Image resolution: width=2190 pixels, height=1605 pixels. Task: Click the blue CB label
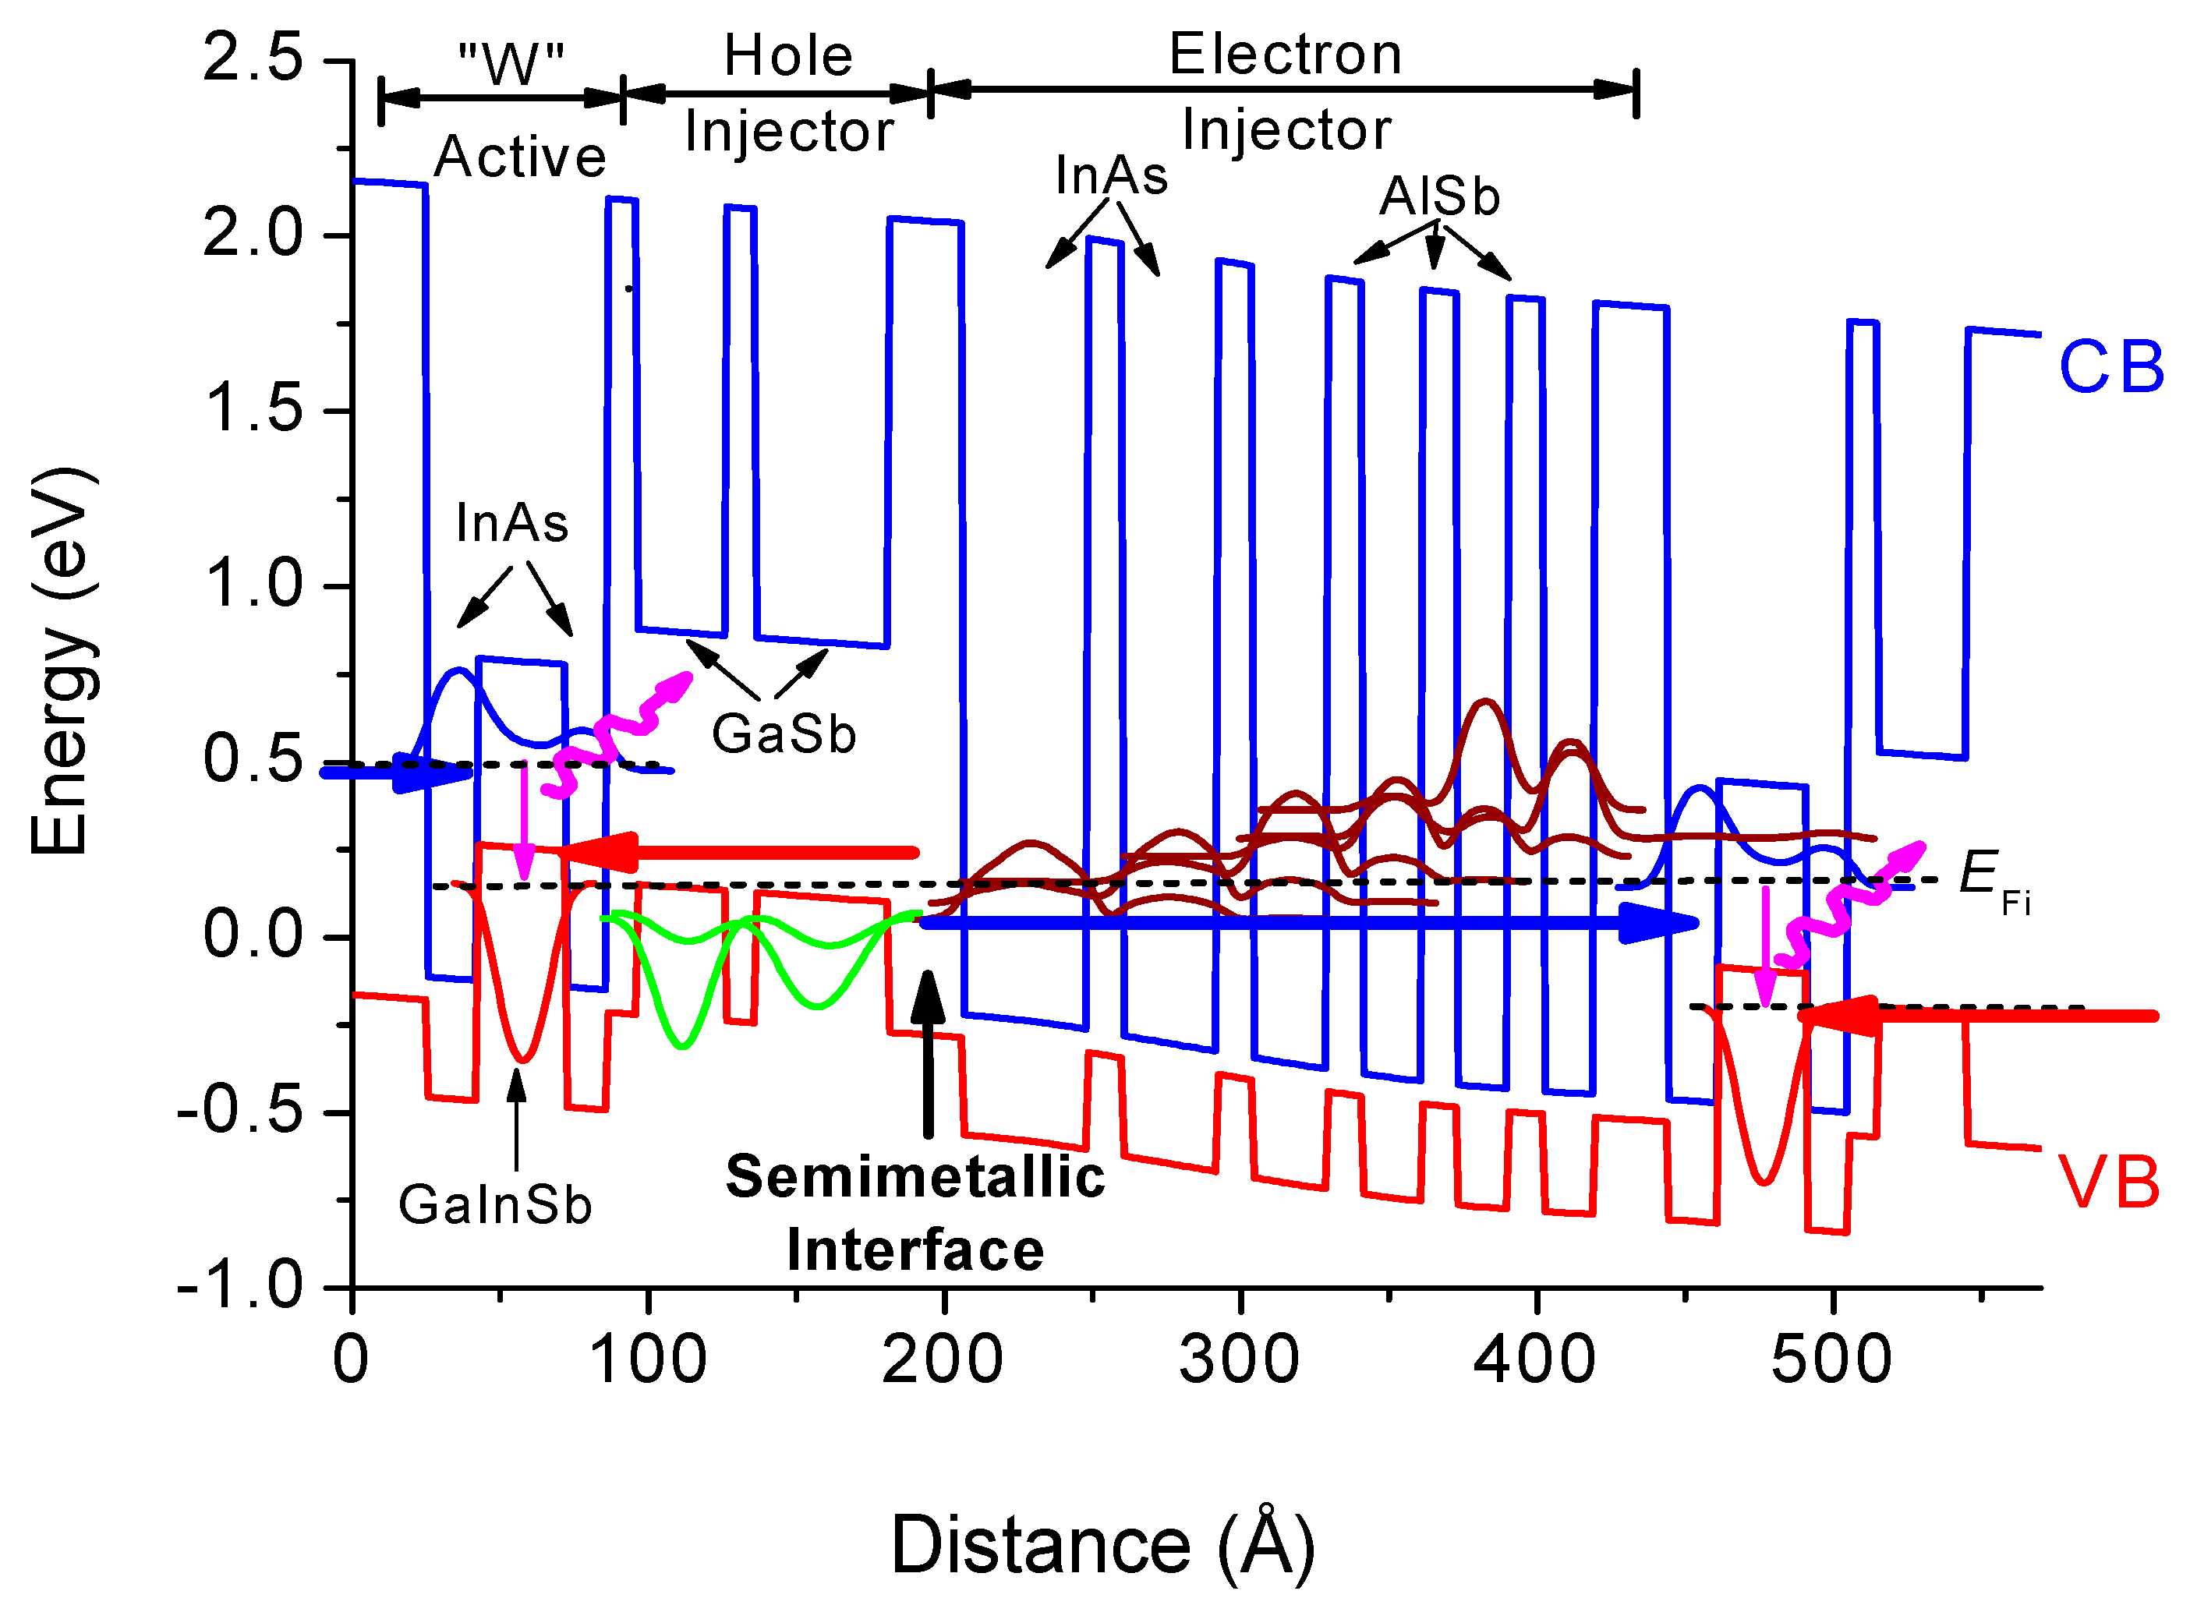point(2110,367)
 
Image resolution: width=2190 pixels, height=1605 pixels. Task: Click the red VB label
point(2108,1183)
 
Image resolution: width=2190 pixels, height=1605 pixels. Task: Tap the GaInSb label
point(496,1204)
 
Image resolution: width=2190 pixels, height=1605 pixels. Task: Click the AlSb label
point(1440,196)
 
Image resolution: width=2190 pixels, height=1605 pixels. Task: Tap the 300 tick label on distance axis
point(1240,1359)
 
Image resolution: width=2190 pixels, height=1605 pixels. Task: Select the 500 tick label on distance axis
point(1831,1359)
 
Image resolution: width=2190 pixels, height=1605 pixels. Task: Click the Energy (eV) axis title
point(60,661)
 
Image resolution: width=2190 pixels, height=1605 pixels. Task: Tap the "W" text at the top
point(511,65)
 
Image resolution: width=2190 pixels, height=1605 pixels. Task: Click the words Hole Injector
point(788,94)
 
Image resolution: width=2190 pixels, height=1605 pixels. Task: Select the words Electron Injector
point(1286,91)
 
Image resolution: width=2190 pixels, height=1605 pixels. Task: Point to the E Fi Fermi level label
point(1992,879)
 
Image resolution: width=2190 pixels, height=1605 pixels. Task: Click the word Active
point(520,157)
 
